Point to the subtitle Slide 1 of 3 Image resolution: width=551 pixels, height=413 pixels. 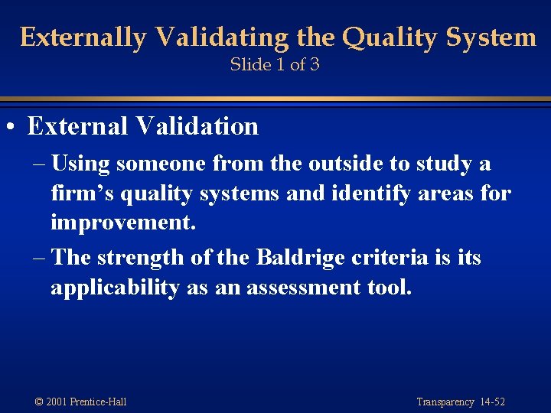point(275,64)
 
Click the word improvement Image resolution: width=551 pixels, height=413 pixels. point(122,223)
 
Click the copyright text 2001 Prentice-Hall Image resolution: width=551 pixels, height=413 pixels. point(86,402)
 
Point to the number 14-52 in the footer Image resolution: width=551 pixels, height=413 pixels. point(491,402)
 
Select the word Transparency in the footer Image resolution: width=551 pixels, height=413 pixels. point(445,402)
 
